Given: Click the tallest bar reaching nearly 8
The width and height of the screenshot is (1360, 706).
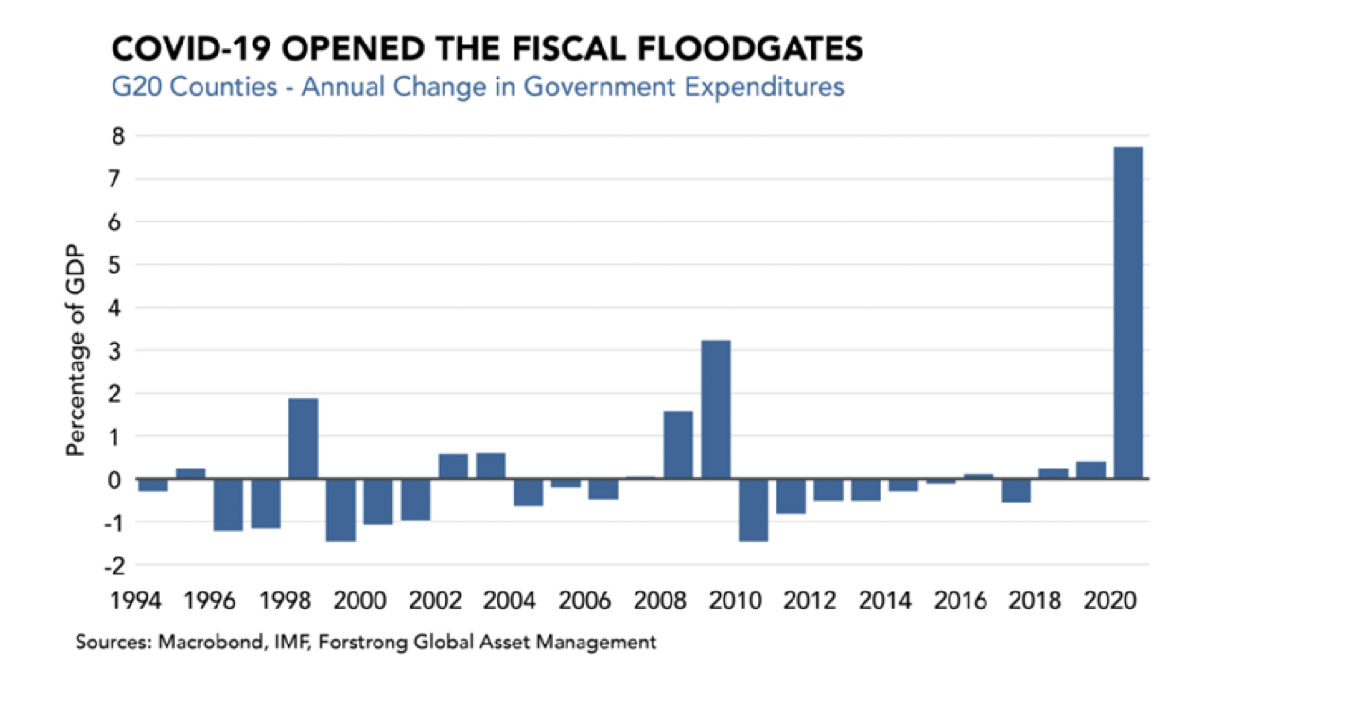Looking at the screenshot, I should (1128, 312).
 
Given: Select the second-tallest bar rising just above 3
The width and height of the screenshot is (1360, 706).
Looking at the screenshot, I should (715, 409).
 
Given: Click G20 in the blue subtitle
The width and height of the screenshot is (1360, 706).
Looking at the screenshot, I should (134, 87).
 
